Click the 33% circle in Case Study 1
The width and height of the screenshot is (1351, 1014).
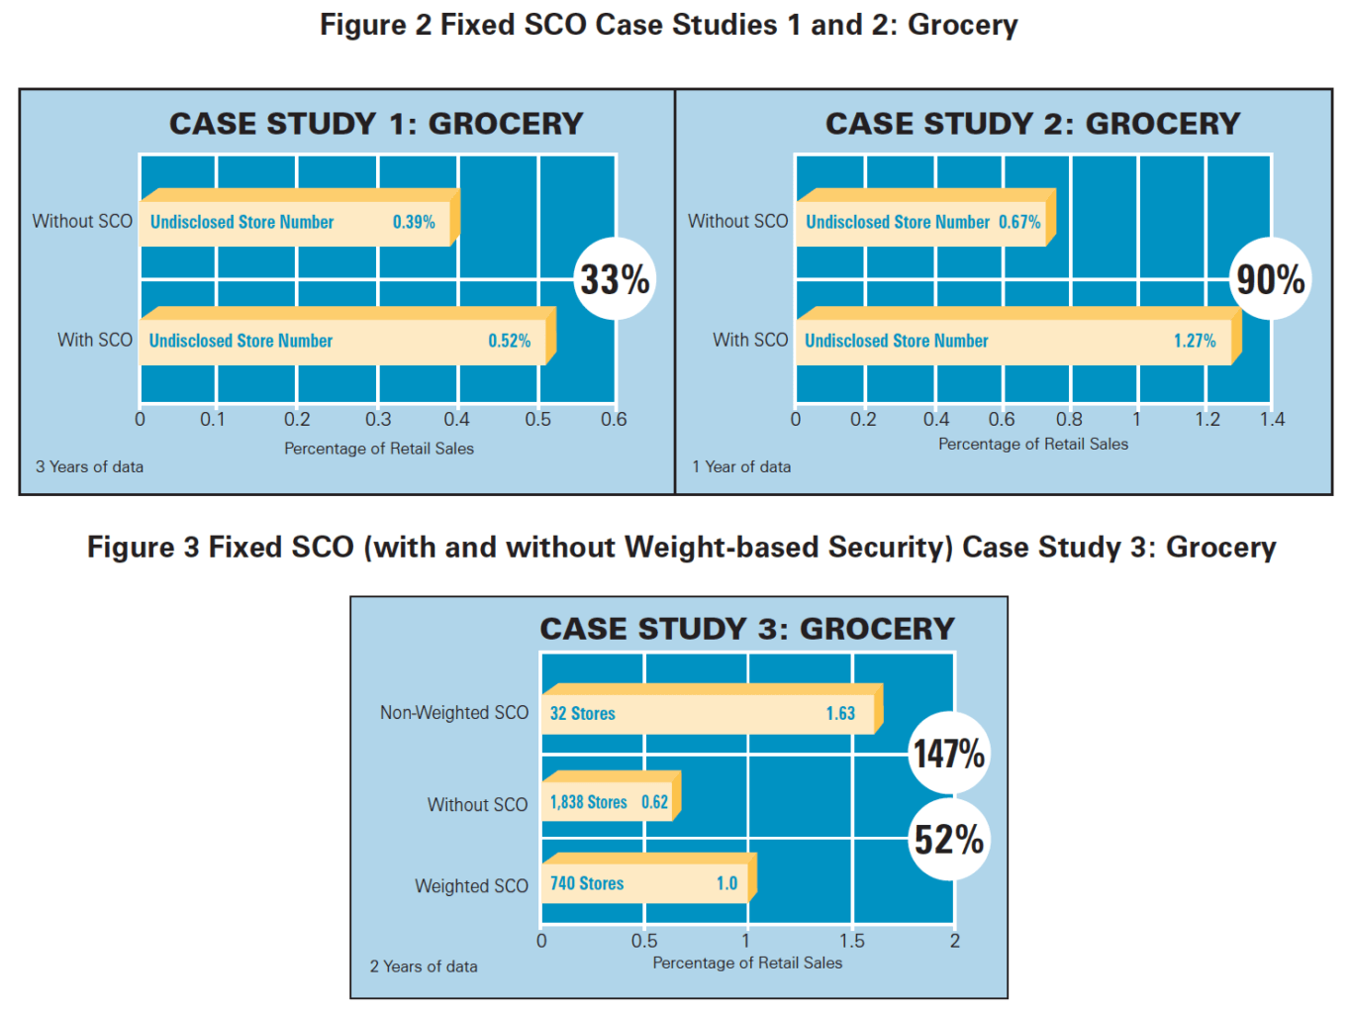pos(615,279)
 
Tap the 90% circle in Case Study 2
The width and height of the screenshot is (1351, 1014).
pos(1270,279)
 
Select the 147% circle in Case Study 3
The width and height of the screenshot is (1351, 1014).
pos(948,754)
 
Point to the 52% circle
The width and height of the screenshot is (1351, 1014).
pos(948,840)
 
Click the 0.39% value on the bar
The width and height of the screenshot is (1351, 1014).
pos(414,222)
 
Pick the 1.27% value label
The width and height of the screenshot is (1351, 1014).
pos(1195,341)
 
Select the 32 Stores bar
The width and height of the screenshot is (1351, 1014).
pos(708,713)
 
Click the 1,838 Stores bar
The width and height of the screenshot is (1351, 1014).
pos(609,802)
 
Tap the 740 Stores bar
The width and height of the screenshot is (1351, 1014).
pos(645,883)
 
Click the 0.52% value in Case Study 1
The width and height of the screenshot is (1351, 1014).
pos(509,341)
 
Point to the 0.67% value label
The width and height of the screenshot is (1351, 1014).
pos(1019,222)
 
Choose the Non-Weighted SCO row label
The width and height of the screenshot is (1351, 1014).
pos(454,713)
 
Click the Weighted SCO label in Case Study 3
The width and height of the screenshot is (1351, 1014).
pos(471,886)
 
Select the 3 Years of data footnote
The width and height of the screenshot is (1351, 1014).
pos(90,466)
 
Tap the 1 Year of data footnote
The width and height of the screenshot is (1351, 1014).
pos(741,466)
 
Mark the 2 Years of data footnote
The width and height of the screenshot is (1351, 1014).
pos(424,966)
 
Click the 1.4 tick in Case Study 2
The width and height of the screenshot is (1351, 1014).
pos(1272,420)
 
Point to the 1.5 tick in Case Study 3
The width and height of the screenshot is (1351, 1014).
pos(851,941)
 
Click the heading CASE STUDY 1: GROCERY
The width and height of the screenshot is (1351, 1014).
pos(376,124)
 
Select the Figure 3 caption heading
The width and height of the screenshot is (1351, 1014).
pos(681,547)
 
